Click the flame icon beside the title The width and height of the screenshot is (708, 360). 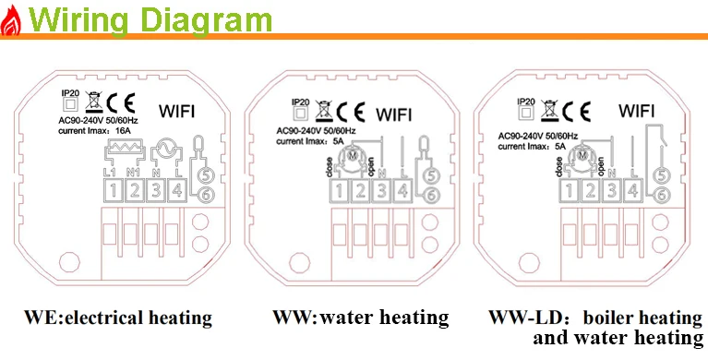[10, 20]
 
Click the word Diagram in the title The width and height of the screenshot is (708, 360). [205, 19]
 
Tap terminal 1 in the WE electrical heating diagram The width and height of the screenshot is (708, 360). [114, 190]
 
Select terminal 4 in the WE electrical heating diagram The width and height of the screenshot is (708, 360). [177, 190]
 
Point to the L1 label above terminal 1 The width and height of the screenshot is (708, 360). [110, 173]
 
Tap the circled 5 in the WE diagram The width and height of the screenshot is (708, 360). [205, 174]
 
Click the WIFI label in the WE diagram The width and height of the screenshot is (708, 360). [177, 111]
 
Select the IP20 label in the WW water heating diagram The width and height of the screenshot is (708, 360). [300, 102]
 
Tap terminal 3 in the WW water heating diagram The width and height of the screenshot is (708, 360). [382, 191]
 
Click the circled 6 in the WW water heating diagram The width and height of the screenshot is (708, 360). [431, 195]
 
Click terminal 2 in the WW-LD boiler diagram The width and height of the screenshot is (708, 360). [590, 190]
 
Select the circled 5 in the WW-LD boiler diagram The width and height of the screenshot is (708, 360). [661, 175]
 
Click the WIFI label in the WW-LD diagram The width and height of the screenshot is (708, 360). [637, 110]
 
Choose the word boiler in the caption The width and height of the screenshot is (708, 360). [606, 318]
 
